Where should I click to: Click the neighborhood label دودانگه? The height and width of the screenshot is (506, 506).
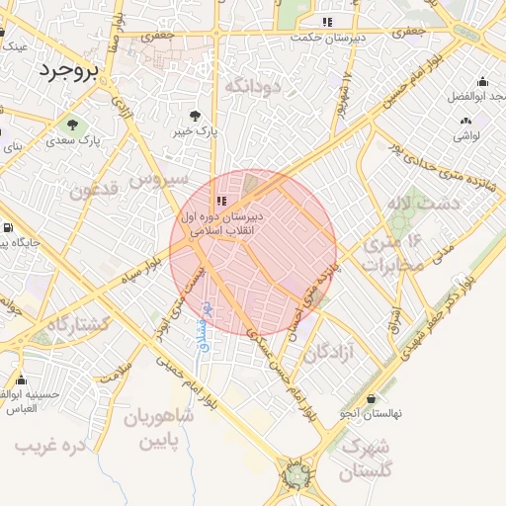pos(253,87)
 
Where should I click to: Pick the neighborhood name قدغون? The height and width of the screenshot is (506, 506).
pos(95,189)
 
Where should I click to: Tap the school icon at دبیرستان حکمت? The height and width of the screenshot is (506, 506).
pos(327,22)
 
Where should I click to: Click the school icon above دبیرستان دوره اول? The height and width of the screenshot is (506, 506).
pos(219,201)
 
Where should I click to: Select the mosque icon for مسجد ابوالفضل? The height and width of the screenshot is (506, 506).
pos(482,82)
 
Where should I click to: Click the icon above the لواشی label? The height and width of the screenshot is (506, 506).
pos(464,121)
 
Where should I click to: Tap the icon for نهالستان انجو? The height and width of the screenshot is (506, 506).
pos(371,399)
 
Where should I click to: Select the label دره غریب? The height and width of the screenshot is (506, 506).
pos(50,446)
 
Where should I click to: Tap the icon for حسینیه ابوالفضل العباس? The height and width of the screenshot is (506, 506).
pos(20,380)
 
